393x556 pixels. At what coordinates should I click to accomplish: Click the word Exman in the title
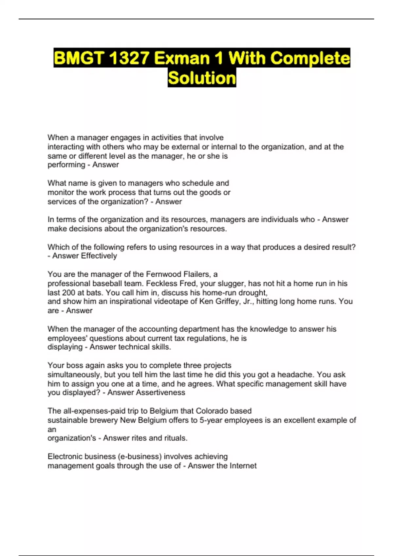coord(182,58)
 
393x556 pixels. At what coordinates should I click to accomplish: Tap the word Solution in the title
coord(202,78)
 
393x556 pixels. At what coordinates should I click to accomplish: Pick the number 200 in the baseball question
coord(69,292)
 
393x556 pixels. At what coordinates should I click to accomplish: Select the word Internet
coord(243,466)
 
